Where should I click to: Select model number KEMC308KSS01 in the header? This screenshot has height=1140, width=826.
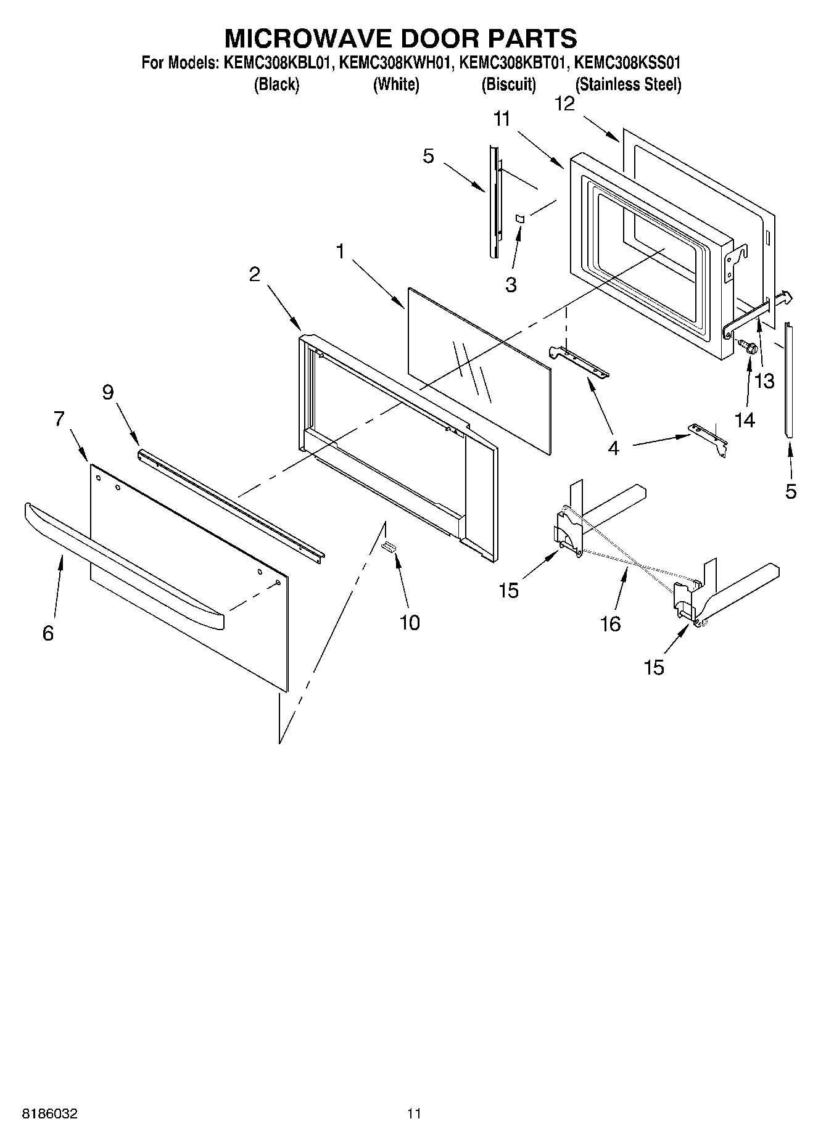(627, 63)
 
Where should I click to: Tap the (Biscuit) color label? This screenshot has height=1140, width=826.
(508, 85)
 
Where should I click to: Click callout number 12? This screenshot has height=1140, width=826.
(564, 104)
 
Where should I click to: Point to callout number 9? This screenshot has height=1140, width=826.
(108, 392)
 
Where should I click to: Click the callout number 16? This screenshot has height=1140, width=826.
(610, 624)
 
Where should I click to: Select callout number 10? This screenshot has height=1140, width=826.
(410, 622)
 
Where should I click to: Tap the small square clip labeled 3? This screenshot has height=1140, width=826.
(519, 218)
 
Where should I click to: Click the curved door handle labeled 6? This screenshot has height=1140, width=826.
(123, 560)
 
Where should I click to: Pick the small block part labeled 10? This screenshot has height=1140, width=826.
(389, 546)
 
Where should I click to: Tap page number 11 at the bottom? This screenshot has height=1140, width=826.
(413, 1113)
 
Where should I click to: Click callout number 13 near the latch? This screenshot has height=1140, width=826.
(764, 381)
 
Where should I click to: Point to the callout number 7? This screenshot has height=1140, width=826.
(59, 419)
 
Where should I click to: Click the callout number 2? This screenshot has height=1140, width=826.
(255, 274)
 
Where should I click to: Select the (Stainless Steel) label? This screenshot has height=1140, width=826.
(628, 85)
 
